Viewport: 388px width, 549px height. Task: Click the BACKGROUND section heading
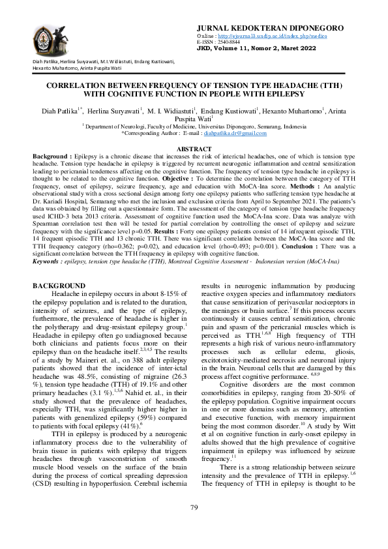point(59,286)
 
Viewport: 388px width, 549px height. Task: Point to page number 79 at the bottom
point(194,526)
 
